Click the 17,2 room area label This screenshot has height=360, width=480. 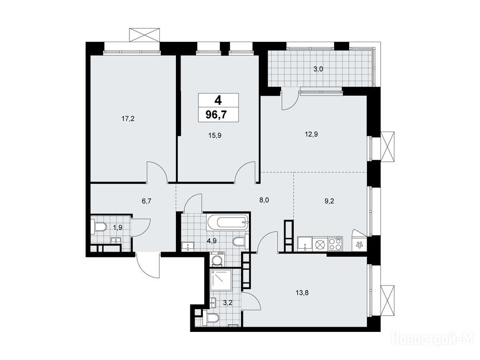(x=128, y=119)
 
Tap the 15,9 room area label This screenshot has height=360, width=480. (x=215, y=135)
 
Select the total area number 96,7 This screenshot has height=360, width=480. (x=218, y=115)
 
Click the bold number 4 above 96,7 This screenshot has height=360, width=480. (x=218, y=100)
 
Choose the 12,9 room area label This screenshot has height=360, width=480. (x=311, y=134)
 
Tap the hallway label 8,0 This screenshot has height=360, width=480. (x=264, y=201)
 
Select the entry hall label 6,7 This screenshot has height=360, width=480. (x=147, y=201)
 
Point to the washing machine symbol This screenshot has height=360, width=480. (x=217, y=260)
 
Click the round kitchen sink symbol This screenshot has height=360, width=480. (x=320, y=245)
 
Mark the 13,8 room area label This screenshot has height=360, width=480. (x=302, y=293)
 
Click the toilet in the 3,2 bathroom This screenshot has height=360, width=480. (x=210, y=318)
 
